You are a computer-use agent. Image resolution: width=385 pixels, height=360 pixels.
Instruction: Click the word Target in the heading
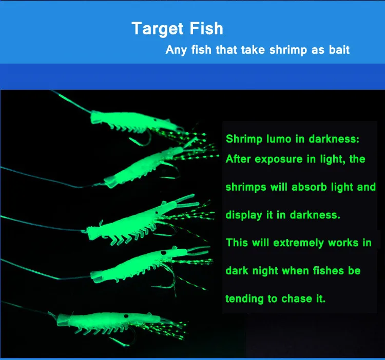click(158, 29)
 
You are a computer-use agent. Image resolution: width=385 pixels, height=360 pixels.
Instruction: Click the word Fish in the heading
click(206, 28)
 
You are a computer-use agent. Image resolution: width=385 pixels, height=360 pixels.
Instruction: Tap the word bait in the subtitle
click(339, 50)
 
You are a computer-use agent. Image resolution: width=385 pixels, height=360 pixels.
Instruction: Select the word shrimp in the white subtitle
click(288, 50)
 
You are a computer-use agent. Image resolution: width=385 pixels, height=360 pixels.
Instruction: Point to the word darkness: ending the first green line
click(334, 139)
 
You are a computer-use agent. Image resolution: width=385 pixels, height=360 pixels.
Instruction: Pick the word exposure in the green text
click(279, 159)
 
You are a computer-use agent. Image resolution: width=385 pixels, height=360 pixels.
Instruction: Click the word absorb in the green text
click(310, 187)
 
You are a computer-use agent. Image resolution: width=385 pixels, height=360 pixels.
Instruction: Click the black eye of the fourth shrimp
click(162, 253)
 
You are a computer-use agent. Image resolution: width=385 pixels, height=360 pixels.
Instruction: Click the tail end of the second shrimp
click(110, 183)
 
